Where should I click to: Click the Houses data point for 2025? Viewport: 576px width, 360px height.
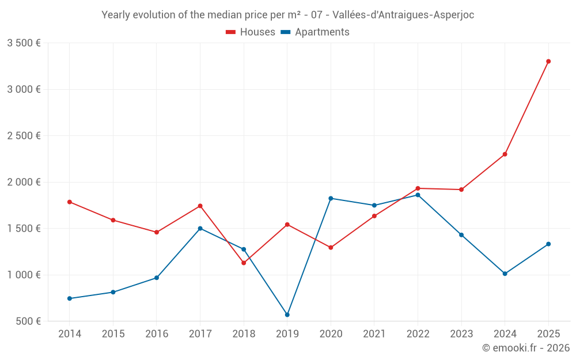[548, 61]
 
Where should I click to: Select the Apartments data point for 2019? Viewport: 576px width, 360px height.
[287, 314]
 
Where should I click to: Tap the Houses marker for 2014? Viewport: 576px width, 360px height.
[70, 202]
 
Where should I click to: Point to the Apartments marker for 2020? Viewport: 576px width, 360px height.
[331, 198]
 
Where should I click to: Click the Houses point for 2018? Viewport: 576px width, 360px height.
[244, 263]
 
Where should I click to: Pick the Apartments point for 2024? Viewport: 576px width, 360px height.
[505, 274]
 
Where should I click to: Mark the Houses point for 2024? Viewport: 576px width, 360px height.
[505, 154]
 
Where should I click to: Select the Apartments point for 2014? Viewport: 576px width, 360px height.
[70, 298]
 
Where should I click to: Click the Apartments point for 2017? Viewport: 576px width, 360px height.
[200, 228]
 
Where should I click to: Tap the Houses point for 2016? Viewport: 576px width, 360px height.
[157, 232]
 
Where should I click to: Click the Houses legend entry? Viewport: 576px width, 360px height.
[251, 32]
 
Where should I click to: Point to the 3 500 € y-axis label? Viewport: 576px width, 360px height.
[24, 43]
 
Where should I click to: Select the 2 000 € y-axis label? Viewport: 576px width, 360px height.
[24, 182]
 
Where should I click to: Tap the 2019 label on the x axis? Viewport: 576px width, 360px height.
[287, 334]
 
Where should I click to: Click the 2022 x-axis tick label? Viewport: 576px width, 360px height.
[418, 334]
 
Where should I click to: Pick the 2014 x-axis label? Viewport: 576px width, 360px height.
[70, 334]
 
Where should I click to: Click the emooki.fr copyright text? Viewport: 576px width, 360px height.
[525, 348]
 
